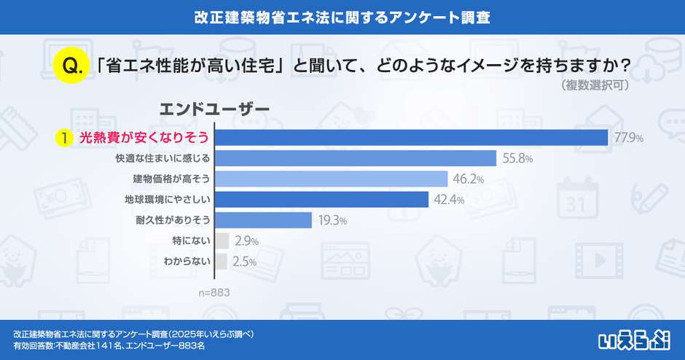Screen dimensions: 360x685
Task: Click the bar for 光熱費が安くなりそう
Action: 412,138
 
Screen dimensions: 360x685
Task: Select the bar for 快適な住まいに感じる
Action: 356,158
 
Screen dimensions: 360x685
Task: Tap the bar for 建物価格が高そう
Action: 331,179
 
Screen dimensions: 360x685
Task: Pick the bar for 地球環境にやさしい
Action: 321,199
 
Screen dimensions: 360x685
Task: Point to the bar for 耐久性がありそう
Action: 264,219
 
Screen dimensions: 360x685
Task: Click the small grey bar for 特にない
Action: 222,240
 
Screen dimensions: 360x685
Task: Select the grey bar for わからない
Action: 222,261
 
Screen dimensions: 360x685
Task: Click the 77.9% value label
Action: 628,138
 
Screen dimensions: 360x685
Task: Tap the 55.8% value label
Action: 517,158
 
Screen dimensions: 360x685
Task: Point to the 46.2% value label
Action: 467,179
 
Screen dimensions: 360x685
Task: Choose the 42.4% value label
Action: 448,200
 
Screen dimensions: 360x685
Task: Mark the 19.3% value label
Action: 331,220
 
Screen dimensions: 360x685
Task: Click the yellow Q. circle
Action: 71,66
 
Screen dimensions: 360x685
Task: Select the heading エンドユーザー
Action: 214,109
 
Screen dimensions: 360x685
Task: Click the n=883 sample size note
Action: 215,292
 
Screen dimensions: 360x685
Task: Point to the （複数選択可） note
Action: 596,85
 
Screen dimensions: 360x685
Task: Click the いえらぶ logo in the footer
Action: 635,339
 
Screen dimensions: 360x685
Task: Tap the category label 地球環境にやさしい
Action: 168,199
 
